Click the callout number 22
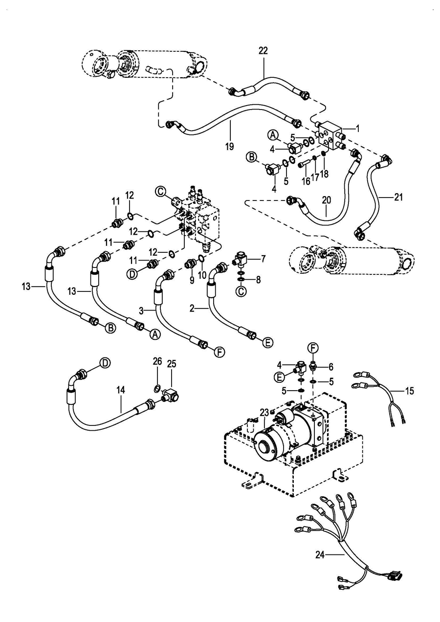pos(263,51)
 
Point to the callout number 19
pos(230,146)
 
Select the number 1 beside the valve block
pos(357,129)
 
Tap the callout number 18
pos(324,174)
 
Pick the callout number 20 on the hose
pos(327,200)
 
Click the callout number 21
pos(398,197)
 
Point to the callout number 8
pos(258,280)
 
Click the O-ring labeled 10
pos(201,259)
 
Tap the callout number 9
pos(192,280)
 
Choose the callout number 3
pos(141,311)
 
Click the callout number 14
pos(121,390)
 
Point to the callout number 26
pos(157,362)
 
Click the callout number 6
pos(331,367)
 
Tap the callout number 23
pos(264,412)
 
